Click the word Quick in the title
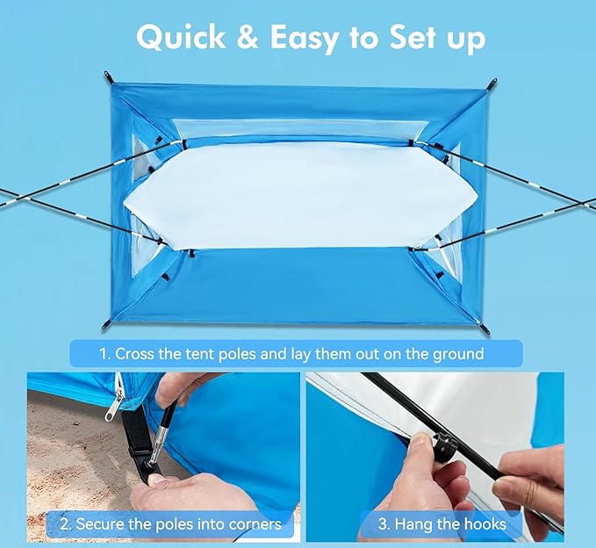point(181,37)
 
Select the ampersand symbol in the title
point(248,38)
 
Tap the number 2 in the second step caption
point(65,524)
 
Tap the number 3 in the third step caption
point(383,524)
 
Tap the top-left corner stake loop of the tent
point(108,76)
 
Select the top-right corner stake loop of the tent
point(492,83)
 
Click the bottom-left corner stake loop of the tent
point(106,325)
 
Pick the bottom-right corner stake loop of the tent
point(485,329)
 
